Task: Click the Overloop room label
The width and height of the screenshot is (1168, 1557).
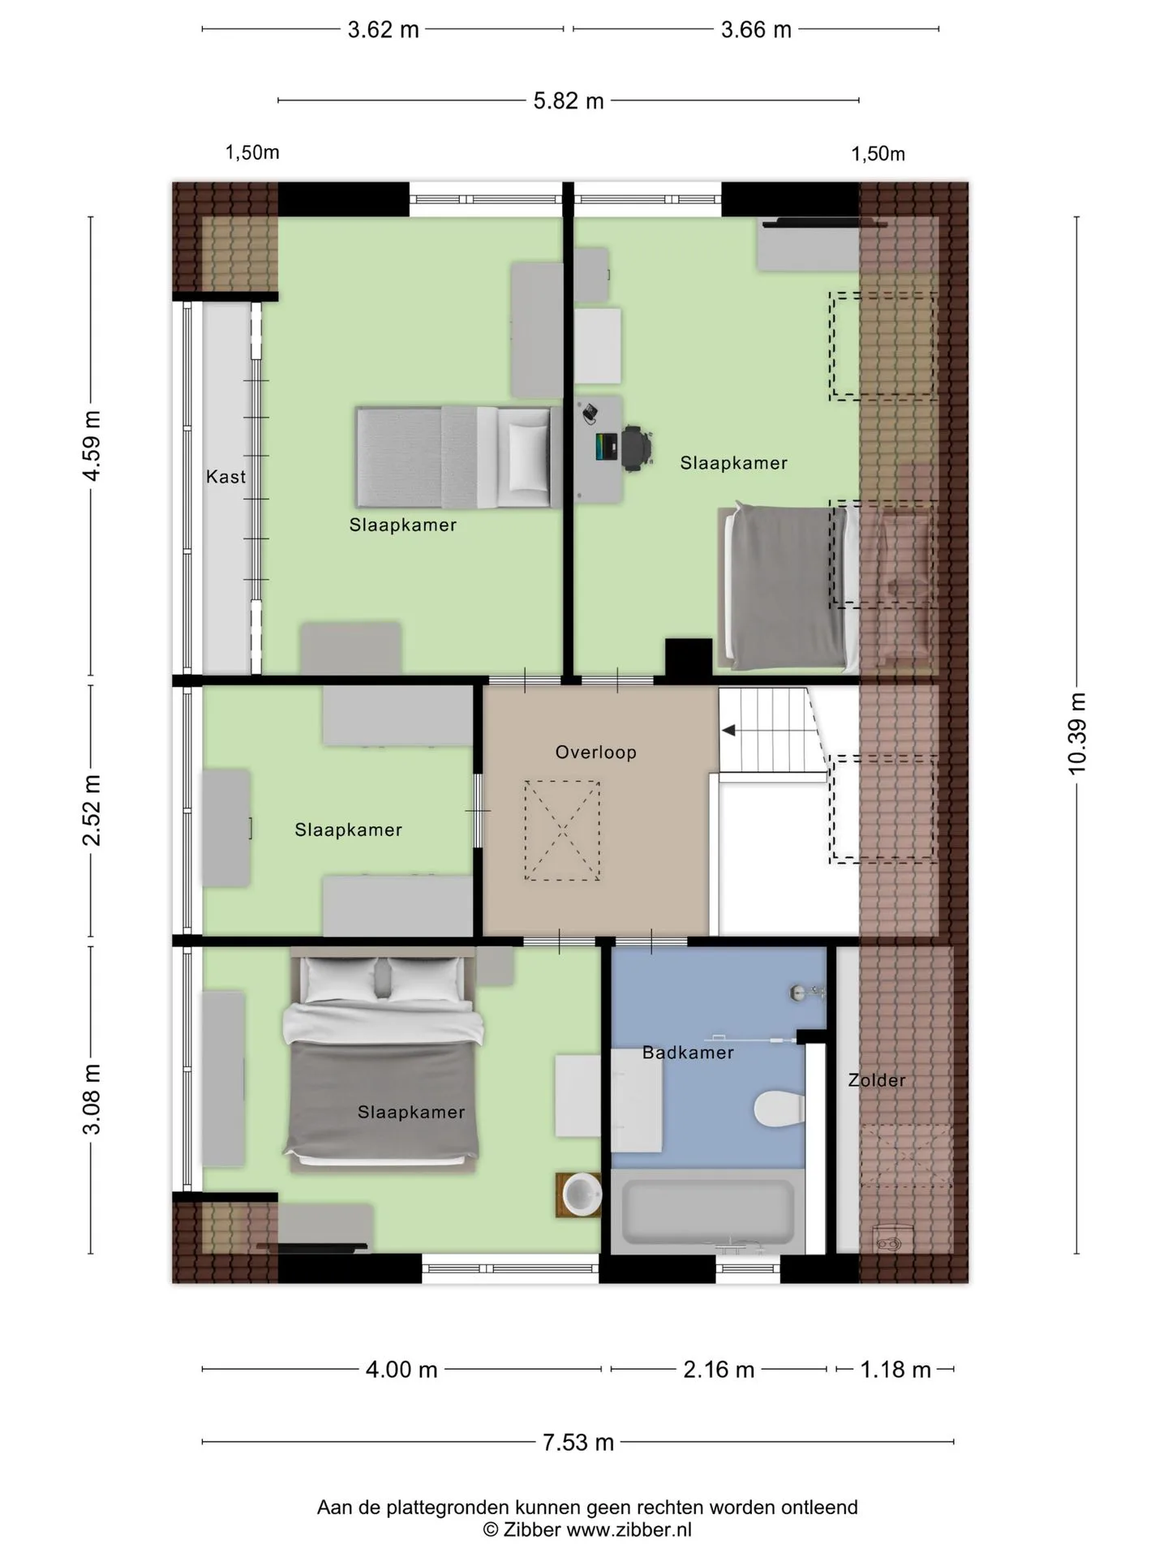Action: click(x=595, y=753)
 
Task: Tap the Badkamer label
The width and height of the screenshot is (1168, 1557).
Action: click(x=688, y=1053)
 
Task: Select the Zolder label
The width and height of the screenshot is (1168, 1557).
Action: click(x=877, y=1080)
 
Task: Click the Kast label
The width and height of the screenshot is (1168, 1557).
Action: click(x=225, y=477)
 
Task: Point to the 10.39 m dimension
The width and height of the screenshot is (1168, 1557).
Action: click(x=1077, y=734)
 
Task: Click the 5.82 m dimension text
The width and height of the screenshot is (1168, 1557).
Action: click(x=569, y=101)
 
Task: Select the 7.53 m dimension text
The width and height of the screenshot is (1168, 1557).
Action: click(x=578, y=1443)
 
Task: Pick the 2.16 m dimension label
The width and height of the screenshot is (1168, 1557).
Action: click(x=719, y=1370)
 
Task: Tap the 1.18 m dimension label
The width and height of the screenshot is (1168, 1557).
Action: click(x=895, y=1370)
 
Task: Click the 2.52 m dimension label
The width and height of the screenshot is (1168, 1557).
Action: click(x=92, y=810)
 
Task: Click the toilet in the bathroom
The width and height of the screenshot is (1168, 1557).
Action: click(x=779, y=1109)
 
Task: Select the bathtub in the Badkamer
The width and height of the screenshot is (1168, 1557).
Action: click(x=707, y=1212)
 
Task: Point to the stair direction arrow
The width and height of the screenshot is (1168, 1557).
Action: click(x=728, y=731)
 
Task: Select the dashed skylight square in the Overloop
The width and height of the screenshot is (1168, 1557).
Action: click(x=562, y=830)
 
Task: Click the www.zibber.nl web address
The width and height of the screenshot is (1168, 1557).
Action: click(x=629, y=1530)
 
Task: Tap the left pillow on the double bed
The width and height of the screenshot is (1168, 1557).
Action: click(x=340, y=979)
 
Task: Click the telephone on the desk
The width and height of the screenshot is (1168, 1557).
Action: click(x=590, y=413)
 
